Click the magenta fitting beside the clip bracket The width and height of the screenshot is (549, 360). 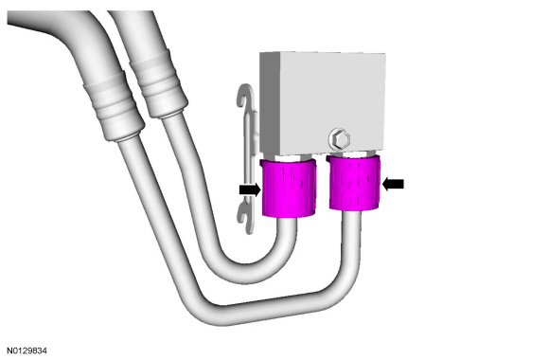coord(289,188)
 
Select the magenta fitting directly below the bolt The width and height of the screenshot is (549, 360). coord(354,182)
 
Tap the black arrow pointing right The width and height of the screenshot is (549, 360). coord(250,190)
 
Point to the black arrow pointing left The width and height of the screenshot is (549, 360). coord(393,184)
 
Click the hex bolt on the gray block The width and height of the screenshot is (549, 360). coord(340,139)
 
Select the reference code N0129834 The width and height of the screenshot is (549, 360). coord(27,351)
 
